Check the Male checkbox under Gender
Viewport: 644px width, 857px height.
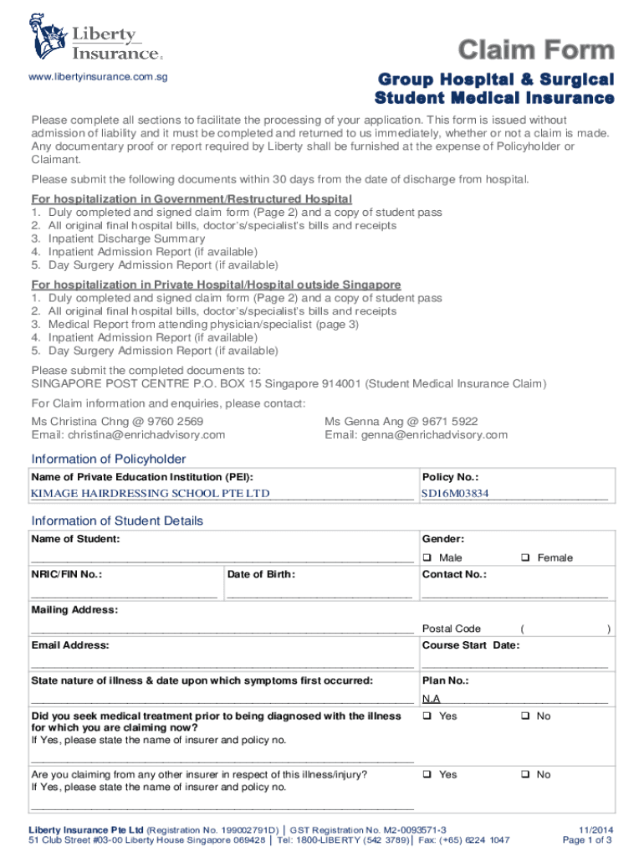click(427, 558)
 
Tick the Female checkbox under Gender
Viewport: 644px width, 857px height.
click(525, 558)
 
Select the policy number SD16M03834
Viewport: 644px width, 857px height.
click(455, 493)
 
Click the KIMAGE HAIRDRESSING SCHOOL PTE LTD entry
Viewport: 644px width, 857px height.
click(151, 493)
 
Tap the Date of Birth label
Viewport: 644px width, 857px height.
click(261, 575)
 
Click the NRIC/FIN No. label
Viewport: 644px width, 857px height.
click(67, 575)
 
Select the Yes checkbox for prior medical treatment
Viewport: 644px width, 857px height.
click(427, 716)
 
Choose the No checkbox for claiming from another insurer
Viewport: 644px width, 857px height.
click(525, 775)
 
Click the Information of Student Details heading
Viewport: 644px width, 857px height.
click(117, 521)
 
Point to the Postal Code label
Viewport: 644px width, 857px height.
click(452, 629)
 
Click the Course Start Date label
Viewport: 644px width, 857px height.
click(471, 645)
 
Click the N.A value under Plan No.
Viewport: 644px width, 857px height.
click(432, 699)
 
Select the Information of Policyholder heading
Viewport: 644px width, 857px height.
click(109, 459)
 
